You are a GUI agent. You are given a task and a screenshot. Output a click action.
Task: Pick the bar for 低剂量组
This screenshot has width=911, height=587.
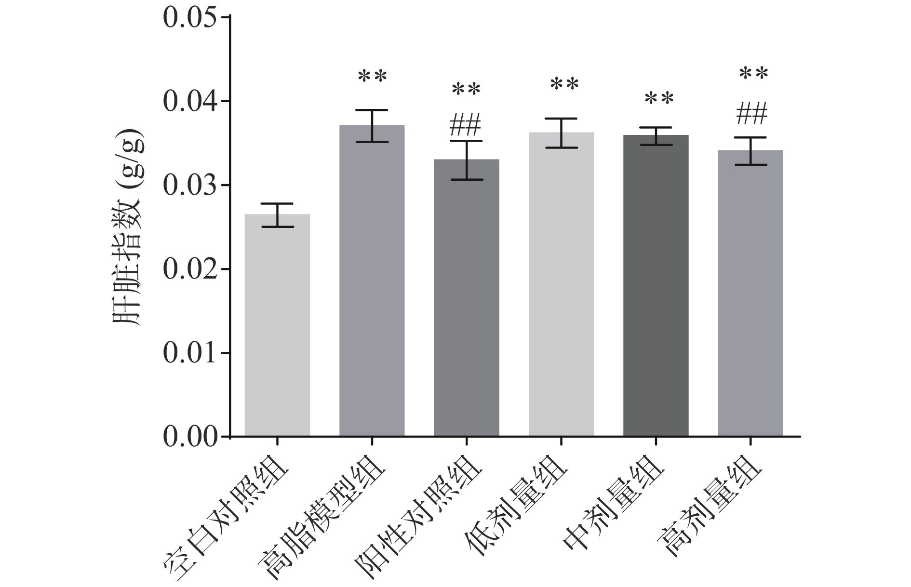pyautogui.click(x=561, y=284)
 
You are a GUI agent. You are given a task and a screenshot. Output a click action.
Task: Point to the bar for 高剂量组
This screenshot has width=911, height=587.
pyautogui.click(x=750, y=293)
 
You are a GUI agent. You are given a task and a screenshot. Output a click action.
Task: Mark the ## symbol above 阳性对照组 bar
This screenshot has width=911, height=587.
pyautogui.click(x=465, y=125)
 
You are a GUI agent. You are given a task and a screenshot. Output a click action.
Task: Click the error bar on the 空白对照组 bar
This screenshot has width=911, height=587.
pyautogui.click(x=277, y=215)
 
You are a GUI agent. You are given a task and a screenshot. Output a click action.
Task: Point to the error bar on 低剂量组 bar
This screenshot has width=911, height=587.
pyautogui.click(x=561, y=133)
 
